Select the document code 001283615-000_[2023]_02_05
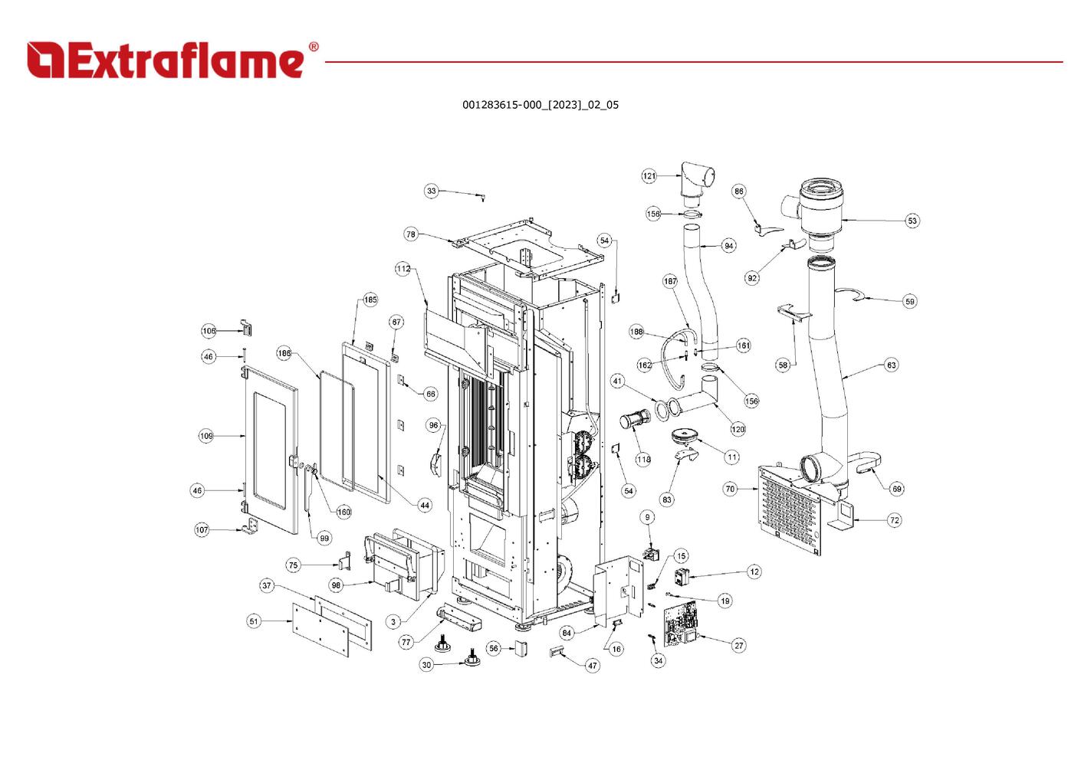point(540,105)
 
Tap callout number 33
point(432,191)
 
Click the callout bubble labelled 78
point(411,234)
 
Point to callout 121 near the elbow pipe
point(649,176)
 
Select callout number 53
point(912,221)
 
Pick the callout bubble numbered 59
point(909,301)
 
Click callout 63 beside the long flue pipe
point(891,365)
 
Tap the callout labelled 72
point(894,520)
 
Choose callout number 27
point(738,645)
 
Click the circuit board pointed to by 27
point(682,624)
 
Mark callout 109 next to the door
point(206,436)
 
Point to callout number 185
point(370,300)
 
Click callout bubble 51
point(254,621)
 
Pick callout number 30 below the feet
point(427,664)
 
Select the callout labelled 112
point(403,269)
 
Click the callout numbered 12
point(754,571)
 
